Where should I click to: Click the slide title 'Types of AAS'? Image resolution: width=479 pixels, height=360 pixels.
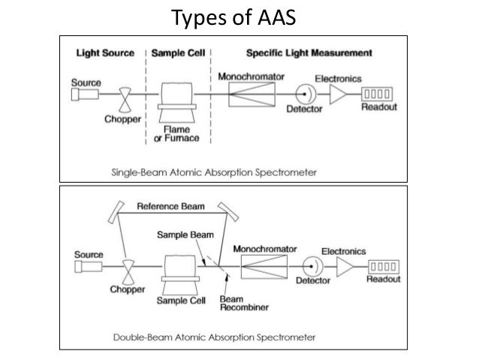click(x=239, y=16)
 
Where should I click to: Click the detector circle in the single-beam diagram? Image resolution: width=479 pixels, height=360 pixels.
click(x=305, y=95)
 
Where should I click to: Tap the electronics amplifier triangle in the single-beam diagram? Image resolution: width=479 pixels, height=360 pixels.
click(x=338, y=95)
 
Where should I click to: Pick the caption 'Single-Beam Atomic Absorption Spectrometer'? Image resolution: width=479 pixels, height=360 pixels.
click(x=214, y=172)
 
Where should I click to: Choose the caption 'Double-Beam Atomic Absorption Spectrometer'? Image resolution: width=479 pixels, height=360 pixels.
click(x=214, y=336)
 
